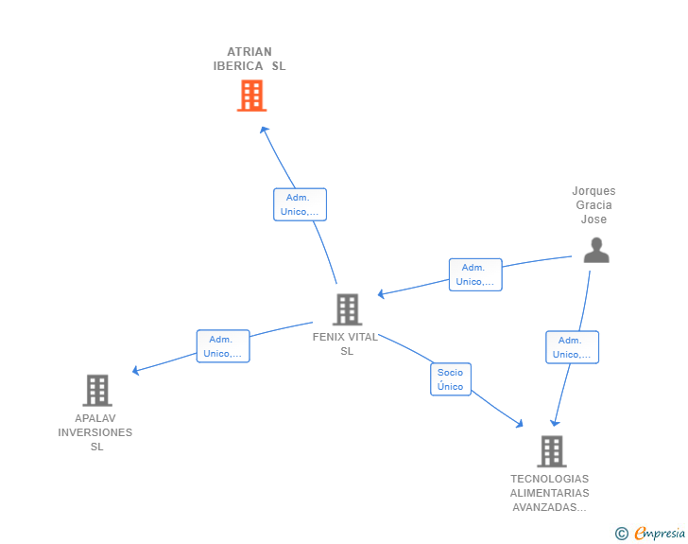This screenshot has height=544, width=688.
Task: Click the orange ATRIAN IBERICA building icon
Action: pos(251,96)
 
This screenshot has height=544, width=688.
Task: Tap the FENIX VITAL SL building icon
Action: pos(347,309)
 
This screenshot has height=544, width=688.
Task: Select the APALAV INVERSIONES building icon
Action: pos(97,390)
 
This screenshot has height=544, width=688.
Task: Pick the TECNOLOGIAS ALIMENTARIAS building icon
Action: pos(552,451)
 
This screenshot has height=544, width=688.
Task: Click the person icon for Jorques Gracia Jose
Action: pos(596,250)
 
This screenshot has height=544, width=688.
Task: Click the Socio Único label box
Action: pos(451,379)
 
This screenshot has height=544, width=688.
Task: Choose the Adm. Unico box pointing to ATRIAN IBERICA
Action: pos(301,204)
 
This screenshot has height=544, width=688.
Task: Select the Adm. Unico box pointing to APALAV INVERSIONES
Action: pos(223,346)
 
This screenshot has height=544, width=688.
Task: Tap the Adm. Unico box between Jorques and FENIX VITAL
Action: pos(475,274)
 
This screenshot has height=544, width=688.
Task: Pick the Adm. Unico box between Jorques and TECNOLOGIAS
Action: pos(572,347)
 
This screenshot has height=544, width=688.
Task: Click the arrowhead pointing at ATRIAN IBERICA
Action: pos(265,130)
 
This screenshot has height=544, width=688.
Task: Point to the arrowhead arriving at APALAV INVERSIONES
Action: pos(136,371)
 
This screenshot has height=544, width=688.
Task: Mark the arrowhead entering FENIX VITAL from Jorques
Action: pos(381,294)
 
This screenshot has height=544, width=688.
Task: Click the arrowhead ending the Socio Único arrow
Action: pos(520,424)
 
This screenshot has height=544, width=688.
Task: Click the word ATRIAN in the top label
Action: pos(249,52)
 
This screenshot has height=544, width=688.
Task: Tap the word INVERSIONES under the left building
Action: pos(95,432)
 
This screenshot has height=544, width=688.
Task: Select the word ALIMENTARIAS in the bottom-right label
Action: pos(550,493)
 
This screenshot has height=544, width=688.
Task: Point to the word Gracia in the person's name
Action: pos(594,205)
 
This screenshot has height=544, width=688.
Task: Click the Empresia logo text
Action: pos(660,534)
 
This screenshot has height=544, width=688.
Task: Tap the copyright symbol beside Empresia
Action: pos(622,534)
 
